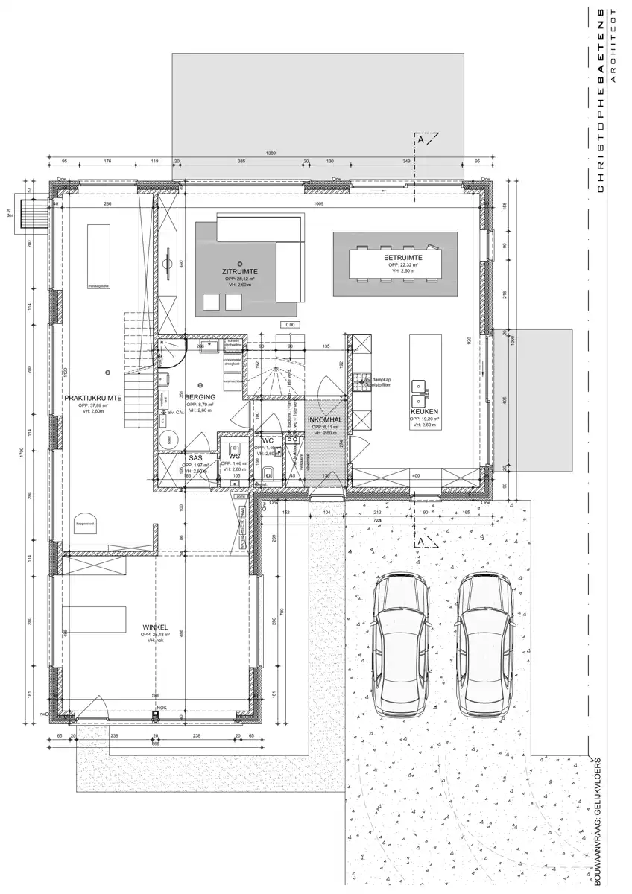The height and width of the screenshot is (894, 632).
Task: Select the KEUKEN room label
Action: pyautogui.click(x=423, y=411)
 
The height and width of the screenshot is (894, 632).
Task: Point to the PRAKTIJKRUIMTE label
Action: pyautogui.click(x=93, y=399)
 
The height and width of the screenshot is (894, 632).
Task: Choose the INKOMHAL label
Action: pyautogui.click(x=325, y=419)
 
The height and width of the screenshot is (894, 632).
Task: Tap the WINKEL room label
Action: pyautogui.click(x=154, y=627)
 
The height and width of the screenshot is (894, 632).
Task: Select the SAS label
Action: pyautogui.click(x=196, y=457)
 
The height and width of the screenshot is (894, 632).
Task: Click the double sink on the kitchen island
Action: pyautogui.click(x=426, y=387)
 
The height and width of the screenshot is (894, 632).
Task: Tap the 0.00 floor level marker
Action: pyautogui.click(x=290, y=325)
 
